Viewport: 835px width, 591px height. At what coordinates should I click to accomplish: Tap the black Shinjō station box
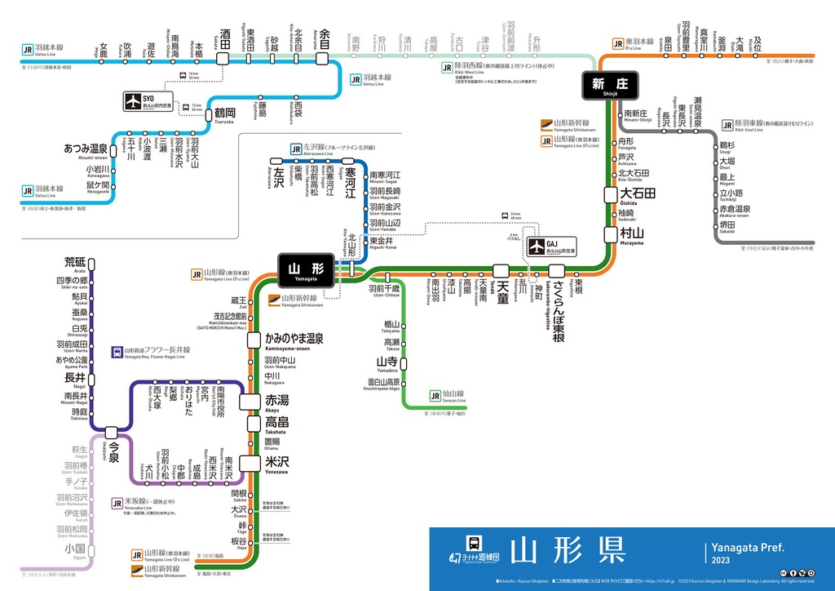coord(609,85)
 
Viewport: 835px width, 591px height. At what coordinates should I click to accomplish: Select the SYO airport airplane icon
coord(134,102)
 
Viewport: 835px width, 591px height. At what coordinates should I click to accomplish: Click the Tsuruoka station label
coord(224,114)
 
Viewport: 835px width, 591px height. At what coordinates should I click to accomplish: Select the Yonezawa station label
coord(277,464)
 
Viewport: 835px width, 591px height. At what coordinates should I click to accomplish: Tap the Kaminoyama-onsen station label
coord(294,340)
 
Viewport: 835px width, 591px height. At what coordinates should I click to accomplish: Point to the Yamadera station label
coord(387,363)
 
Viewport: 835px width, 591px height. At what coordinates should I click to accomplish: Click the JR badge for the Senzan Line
coord(435,397)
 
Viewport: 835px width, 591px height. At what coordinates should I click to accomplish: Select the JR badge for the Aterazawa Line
coord(296,149)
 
